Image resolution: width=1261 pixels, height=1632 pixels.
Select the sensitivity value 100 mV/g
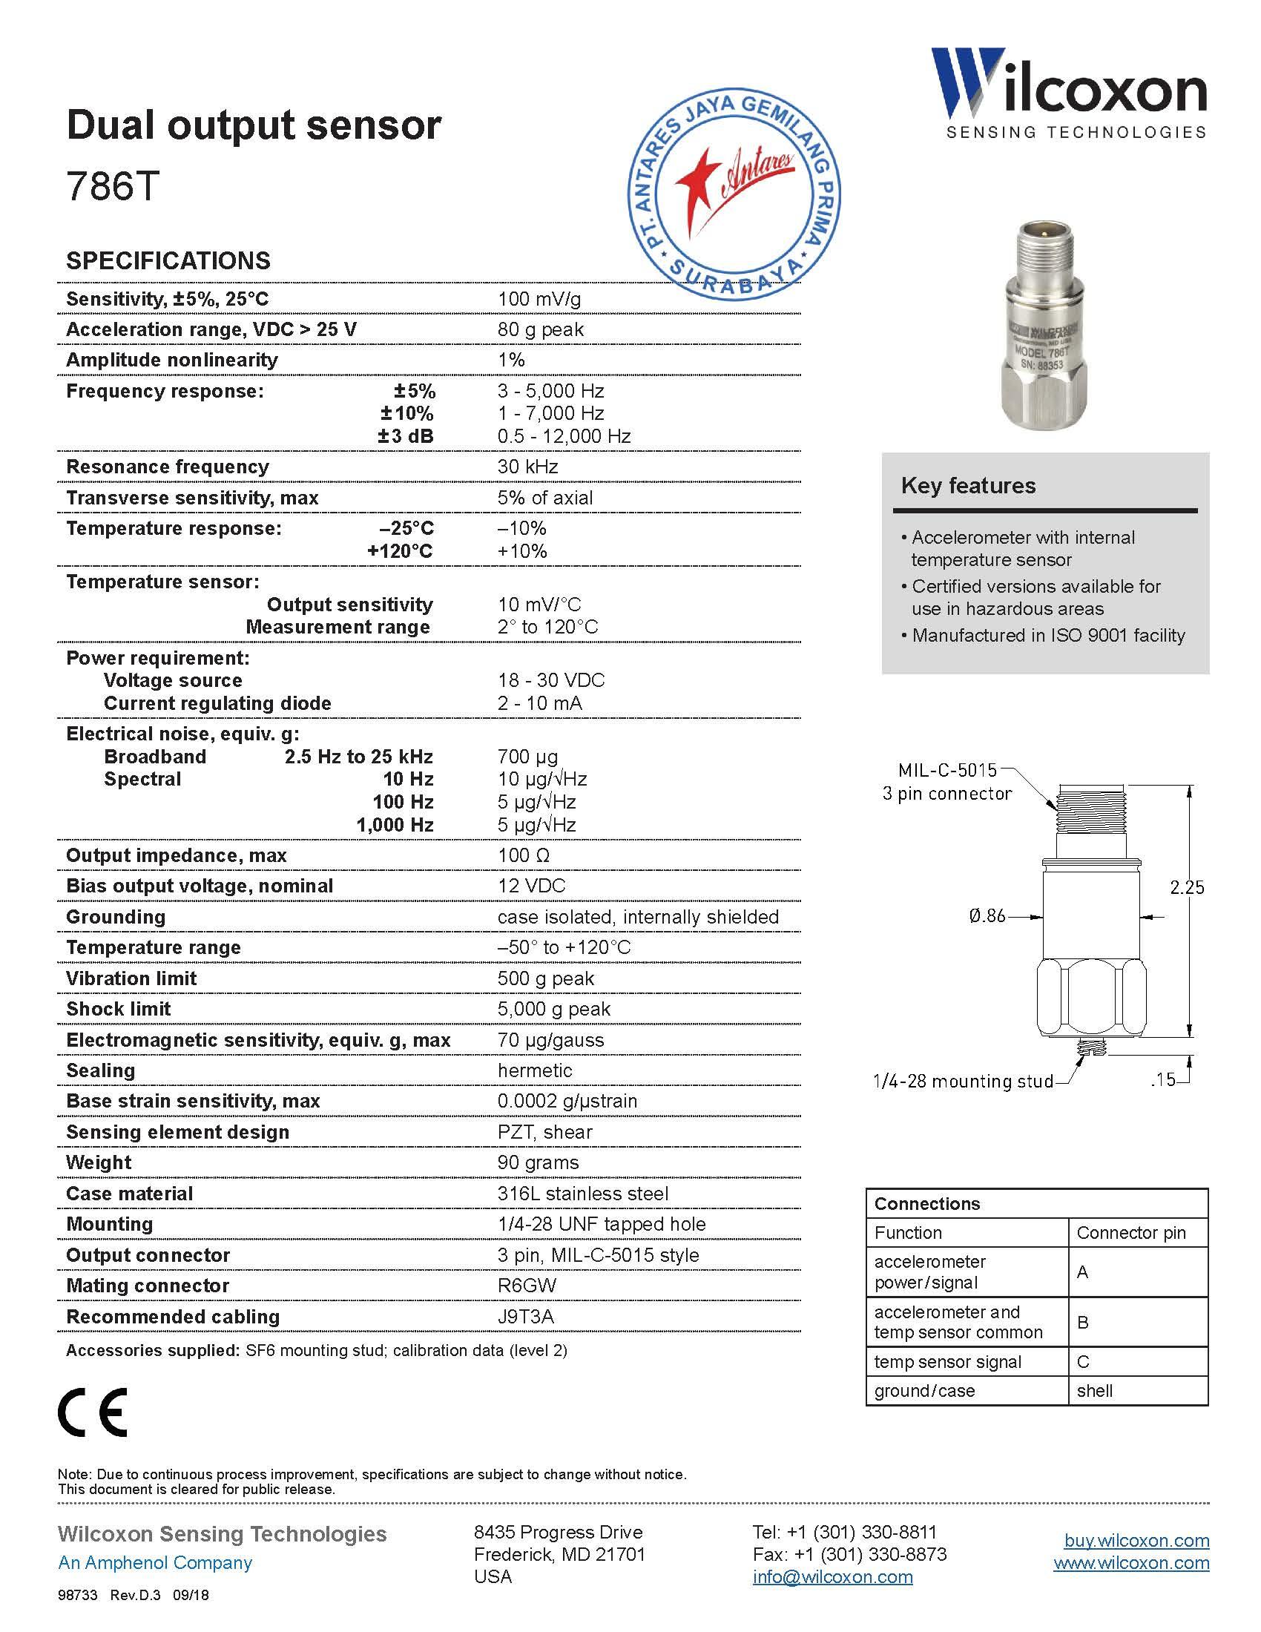point(539,299)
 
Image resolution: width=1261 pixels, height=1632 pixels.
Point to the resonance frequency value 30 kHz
point(527,467)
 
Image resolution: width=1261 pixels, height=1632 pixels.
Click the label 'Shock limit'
point(118,1009)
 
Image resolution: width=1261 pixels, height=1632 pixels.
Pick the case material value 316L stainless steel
point(583,1194)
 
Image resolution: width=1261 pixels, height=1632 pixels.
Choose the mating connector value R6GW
point(527,1286)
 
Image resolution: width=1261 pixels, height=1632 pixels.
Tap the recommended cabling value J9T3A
point(525,1317)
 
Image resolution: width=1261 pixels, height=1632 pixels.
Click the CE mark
point(93,1412)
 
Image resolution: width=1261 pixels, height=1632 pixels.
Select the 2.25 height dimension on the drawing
point(1187,887)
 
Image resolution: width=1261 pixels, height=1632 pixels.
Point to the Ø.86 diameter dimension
point(987,915)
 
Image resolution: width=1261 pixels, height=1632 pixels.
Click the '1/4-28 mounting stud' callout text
point(963,1081)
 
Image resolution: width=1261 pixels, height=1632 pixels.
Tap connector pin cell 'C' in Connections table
point(1083,1361)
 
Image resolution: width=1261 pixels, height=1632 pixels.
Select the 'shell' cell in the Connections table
point(1094,1391)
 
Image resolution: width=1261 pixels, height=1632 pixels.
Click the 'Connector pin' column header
point(1131,1232)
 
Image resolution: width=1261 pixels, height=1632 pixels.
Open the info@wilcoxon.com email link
point(832,1576)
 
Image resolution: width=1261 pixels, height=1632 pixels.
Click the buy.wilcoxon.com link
point(1136,1540)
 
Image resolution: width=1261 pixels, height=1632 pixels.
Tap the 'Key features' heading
point(968,486)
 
